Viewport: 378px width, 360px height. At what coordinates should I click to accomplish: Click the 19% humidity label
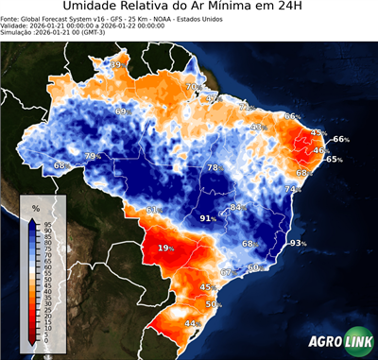[x=166, y=248]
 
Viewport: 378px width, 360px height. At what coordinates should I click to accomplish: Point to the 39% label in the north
[x=116, y=64]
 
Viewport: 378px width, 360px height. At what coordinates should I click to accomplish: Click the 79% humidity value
[x=93, y=156]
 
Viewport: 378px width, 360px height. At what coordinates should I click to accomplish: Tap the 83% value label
[x=237, y=206]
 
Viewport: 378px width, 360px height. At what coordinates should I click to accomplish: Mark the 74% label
[x=294, y=189]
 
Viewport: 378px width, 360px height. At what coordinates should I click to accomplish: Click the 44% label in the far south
[x=191, y=323]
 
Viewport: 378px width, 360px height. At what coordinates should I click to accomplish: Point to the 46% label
[x=320, y=150]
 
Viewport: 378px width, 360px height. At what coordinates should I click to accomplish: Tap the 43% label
[x=257, y=127]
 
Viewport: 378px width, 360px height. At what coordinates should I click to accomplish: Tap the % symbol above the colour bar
[x=35, y=207]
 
